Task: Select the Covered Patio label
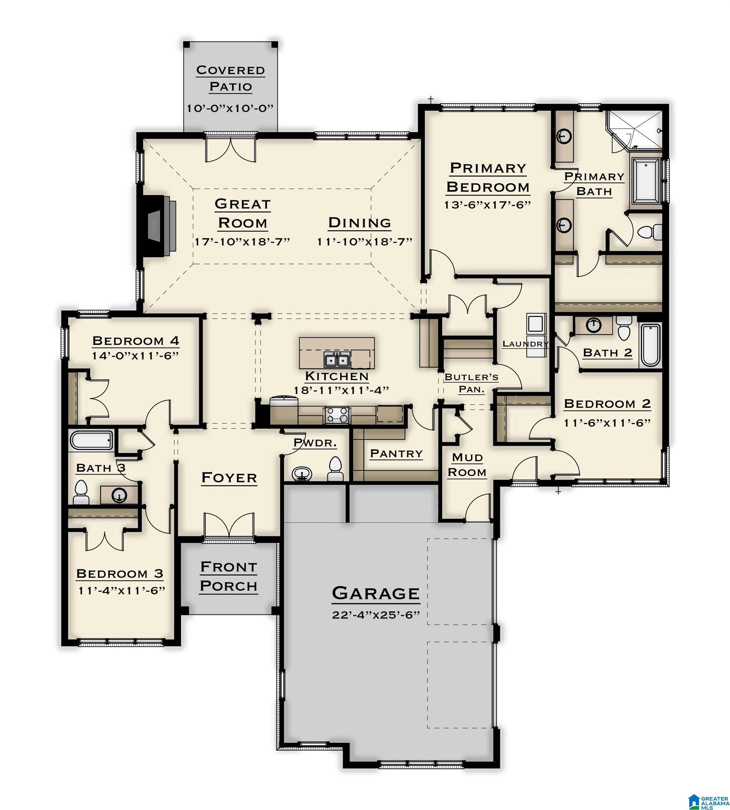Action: pyautogui.click(x=231, y=78)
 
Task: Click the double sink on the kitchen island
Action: pyautogui.click(x=336, y=360)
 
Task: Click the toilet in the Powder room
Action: pyautogui.click(x=335, y=470)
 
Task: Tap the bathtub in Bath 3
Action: pyautogui.click(x=92, y=440)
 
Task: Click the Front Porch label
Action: pyautogui.click(x=229, y=577)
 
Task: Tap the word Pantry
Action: pyautogui.click(x=396, y=454)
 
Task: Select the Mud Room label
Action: pyautogui.click(x=467, y=465)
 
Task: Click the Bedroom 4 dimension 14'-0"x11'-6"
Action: pyautogui.click(x=135, y=356)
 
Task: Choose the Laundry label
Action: pyautogui.click(x=526, y=343)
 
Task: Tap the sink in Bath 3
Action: pyautogui.click(x=119, y=495)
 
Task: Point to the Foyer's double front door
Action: pyautogui.click(x=229, y=525)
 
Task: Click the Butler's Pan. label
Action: pyautogui.click(x=471, y=383)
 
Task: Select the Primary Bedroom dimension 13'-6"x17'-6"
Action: pyautogui.click(x=487, y=204)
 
